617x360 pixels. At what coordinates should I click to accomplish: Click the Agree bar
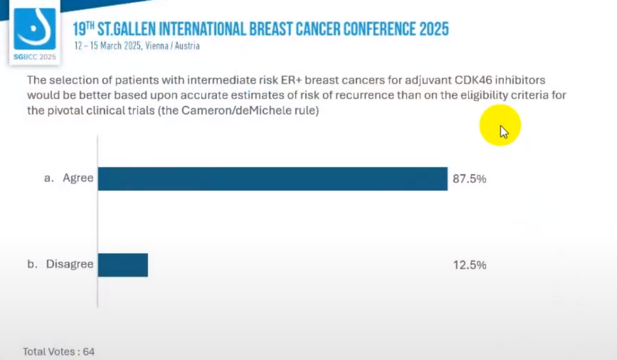273,179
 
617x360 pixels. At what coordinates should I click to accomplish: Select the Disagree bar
123,265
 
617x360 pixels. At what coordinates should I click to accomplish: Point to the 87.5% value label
470,179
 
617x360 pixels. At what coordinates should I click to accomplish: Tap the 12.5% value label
470,265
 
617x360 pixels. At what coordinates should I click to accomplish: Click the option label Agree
78,178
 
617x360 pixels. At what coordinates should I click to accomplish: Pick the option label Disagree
70,265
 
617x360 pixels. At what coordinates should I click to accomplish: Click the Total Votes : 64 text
59,351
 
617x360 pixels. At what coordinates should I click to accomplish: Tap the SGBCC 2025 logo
35,33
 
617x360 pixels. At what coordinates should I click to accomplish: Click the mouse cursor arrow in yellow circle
503,132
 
